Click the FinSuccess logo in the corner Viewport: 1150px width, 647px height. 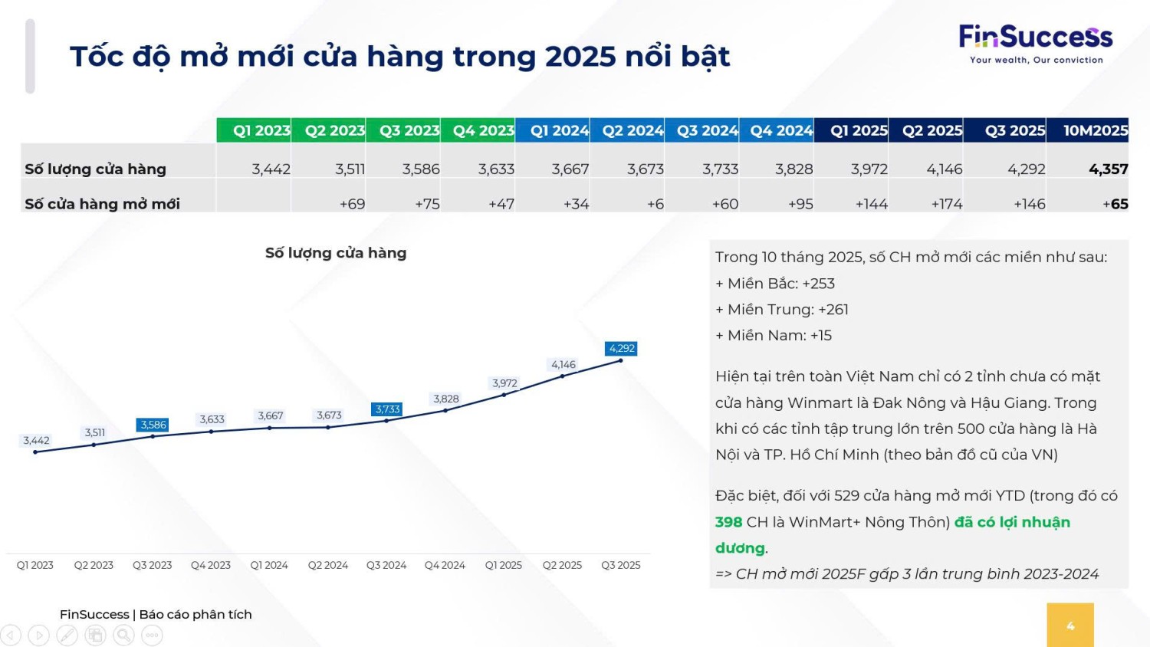(1036, 44)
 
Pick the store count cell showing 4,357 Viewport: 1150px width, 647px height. (1108, 169)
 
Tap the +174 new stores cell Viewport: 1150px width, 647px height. (946, 204)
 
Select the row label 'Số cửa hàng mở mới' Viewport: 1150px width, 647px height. (102, 204)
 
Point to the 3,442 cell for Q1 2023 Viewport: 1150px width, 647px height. (271, 169)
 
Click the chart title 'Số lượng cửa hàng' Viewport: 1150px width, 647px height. (336, 253)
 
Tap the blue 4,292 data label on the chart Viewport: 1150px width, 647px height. (621, 349)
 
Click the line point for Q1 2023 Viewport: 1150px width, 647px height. (35, 452)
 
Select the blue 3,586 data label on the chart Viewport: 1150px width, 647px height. (153, 425)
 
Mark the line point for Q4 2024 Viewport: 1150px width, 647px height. (445, 410)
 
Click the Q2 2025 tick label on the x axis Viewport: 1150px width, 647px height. (562, 565)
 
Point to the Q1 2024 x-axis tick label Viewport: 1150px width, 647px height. (269, 565)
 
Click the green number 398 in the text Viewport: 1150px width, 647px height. (728, 522)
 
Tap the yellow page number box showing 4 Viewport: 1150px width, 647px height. (1070, 625)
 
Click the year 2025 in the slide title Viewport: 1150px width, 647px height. (580, 57)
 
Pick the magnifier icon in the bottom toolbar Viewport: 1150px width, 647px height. (123, 636)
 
